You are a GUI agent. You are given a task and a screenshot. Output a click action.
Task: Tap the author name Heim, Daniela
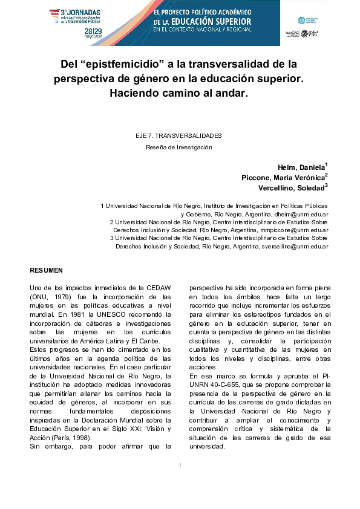[300, 167]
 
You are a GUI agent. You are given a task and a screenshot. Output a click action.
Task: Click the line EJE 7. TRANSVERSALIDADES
[179, 135]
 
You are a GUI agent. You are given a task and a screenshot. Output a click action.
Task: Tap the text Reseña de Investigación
[179, 146]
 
